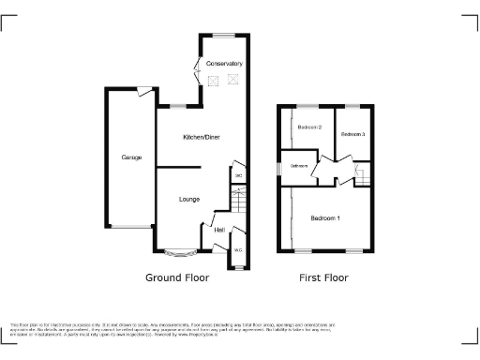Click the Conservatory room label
[x=224, y=64]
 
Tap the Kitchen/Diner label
[x=201, y=137]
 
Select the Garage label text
[x=131, y=157]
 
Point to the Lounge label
[x=190, y=199]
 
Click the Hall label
[x=219, y=230]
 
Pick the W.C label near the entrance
[x=238, y=250]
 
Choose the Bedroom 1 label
[x=324, y=218]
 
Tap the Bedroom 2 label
[x=310, y=127]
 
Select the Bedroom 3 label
[x=352, y=135]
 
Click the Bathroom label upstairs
[x=299, y=167]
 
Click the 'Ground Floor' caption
[x=177, y=277]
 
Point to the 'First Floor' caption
[x=323, y=277]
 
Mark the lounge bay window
[x=177, y=252]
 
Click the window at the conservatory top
[x=224, y=36]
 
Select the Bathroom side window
[x=278, y=167]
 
